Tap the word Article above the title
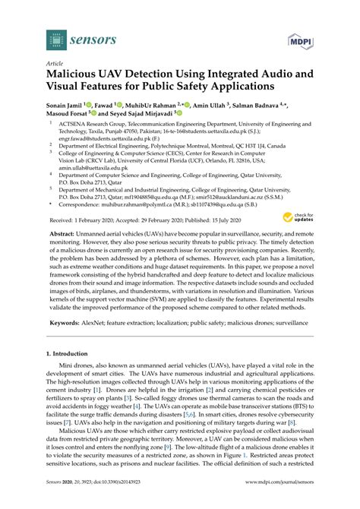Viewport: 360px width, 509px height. click(55, 64)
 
